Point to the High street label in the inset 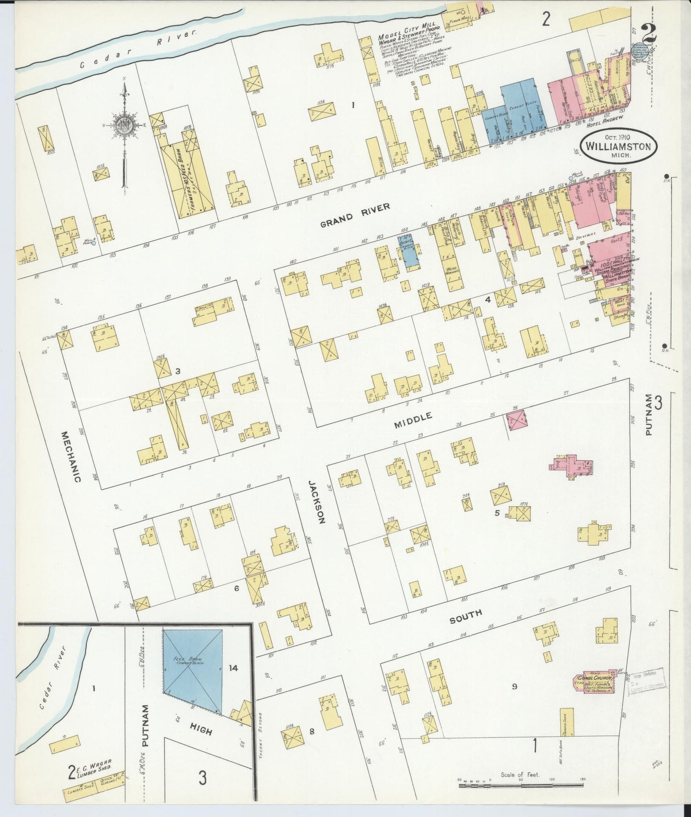coord(200,731)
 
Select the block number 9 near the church coord(515,687)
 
